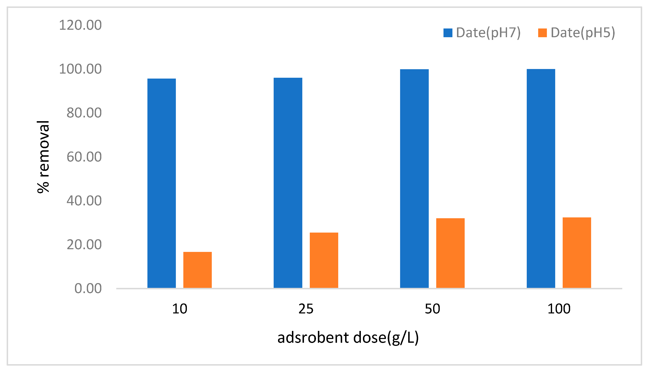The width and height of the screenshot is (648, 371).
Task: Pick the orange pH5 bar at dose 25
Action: point(324,260)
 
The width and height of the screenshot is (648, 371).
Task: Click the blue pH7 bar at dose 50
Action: point(414,178)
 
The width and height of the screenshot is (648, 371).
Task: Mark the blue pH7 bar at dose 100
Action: point(541,178)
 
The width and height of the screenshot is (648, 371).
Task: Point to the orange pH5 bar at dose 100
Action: point(577,253)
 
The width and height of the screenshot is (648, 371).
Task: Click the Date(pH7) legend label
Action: point(488,33)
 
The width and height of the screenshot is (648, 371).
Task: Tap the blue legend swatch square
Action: point(448,33)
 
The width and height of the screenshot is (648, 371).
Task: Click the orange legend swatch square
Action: point(542,33)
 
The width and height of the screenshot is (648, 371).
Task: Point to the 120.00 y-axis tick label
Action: point(80,25)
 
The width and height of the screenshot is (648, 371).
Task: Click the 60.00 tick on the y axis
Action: point(84,157)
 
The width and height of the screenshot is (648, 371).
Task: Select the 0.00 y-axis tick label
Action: point(88,288)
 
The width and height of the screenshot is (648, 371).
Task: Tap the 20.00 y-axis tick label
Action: point(84,245)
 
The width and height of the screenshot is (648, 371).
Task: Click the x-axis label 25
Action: point(306,309)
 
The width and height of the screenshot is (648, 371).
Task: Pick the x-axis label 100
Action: point(559,309)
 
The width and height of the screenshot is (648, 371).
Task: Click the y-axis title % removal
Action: point(43,157)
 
